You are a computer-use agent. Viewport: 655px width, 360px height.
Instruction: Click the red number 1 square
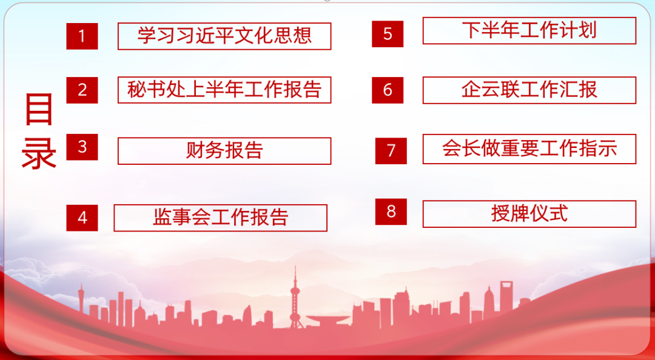pyautogui.click(x=82, y=36)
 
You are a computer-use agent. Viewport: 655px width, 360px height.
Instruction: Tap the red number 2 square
pyautogui.click(x=82, y=90)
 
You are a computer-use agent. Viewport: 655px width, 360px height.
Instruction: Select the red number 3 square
pyautogui.click(x=82, y=147)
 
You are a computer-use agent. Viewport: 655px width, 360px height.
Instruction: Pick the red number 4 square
pyautogui.click(x=82, y=218)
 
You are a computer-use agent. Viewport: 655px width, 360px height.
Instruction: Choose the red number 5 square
pyautogui.click(x=388, y=34)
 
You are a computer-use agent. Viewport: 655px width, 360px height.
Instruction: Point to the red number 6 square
pyautogui.click(x=388, y=90)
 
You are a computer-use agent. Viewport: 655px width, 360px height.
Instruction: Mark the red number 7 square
pyautogui.click(x=391, y=151)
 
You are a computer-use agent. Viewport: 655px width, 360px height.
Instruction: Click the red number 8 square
pyautogui.click(x=391, y=212)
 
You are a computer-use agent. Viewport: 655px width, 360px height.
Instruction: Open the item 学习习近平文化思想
pyautogui.click(x=224, y=36)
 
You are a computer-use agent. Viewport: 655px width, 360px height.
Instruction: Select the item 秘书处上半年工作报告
pyautogui.click(x=224, y=90)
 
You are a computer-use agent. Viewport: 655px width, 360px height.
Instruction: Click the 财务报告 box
pyautogui.click(x=224, y=151)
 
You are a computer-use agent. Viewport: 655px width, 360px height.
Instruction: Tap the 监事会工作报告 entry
pyautogui.click(x=220, y=218)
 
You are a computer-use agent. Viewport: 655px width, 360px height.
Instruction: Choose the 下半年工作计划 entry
pyautogui.click(x=529, y=30)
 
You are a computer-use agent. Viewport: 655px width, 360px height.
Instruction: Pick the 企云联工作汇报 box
pyautogui.click(x=529, y=90)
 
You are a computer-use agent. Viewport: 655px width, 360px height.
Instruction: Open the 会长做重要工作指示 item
pyautogui.click(x=529, y=149)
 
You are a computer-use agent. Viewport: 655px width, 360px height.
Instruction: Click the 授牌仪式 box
pyautogui.click(x=529, y=214)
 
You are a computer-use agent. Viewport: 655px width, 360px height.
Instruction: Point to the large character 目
pyautogui.click(x=39, y=109)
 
